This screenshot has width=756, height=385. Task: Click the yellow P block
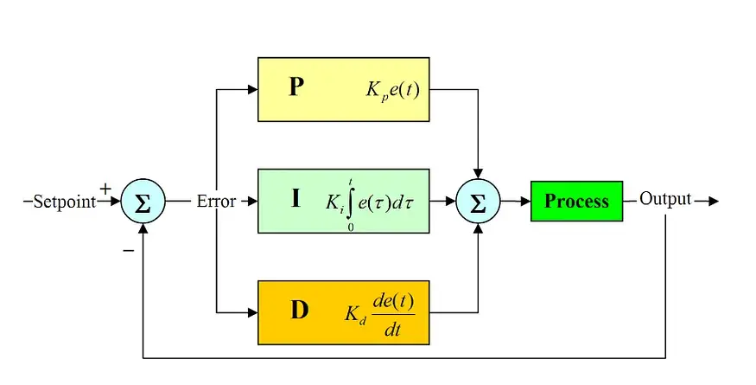pyautogui.click(x=343, y=89)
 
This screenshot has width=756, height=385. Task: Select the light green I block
pyautogui.click(x=343, y=201)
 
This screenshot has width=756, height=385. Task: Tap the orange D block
pyautogui.click(x=343, y=312)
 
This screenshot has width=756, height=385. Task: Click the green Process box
pyautogui.click(x=576, y=201)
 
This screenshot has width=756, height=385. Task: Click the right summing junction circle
pyautogui.click(x=478, y=202)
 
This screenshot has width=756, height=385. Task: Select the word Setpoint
pyautogui.click(x=64, y=202)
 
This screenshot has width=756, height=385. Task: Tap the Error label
pyautogui.click(x=217, y=202)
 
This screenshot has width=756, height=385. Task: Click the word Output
pyautogui.click(x=665, y=200)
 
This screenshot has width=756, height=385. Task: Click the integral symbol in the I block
pyautogui.click(x=351, y=202)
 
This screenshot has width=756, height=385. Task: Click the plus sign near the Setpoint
pyautogui.click(x=105, y=188)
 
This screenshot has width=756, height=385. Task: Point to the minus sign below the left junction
pyautogui.click(x=128, y=250)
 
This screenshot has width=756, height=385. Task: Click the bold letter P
pyautogui.click(x=295, y=87)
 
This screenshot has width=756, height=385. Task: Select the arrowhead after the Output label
pyautogui.click(x=713, y=202)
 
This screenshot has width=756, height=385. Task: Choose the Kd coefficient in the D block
pyautogui.click(x=353, y=314)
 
